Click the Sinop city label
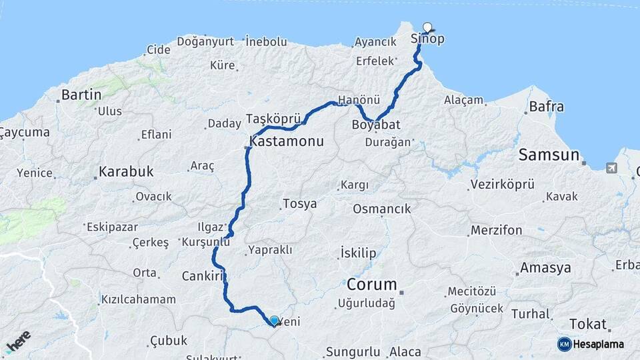pyautogui.click(x=428, y=39)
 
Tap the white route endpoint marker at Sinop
pyautogui.click(x=427, y=28)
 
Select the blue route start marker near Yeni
pyautogui.click(x=274, y=320)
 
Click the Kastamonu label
pyautogui.click(x=287, y=141)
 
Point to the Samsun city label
pyautogui.click(x=549, y=155)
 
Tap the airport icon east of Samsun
pyautogui.click(x=611, y=168)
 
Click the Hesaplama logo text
pyautogui.click(x=599, y=344)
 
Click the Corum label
pyautogui.click(x=371, y=285)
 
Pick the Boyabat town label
pyautogui.click(x=376, y=124)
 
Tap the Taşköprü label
pyautogui.click(x=274, y=118)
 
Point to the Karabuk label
pyautogui.click(x=126, y=171)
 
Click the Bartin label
pyautogui.click(x=81, y=95)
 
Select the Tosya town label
pyautogui.click(x=300, y=204)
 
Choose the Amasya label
pyautogui.click(x=545, y=268)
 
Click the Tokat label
pyautogui.click(x=589, y=325)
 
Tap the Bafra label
pyautogui.click(x=546, y=106)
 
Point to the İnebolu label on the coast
pyautogui.click(x=266, y=41)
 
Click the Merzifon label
pyautogui.click(x=497, y=231)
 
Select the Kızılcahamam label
pyautogui.click(x=138, y=300)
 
